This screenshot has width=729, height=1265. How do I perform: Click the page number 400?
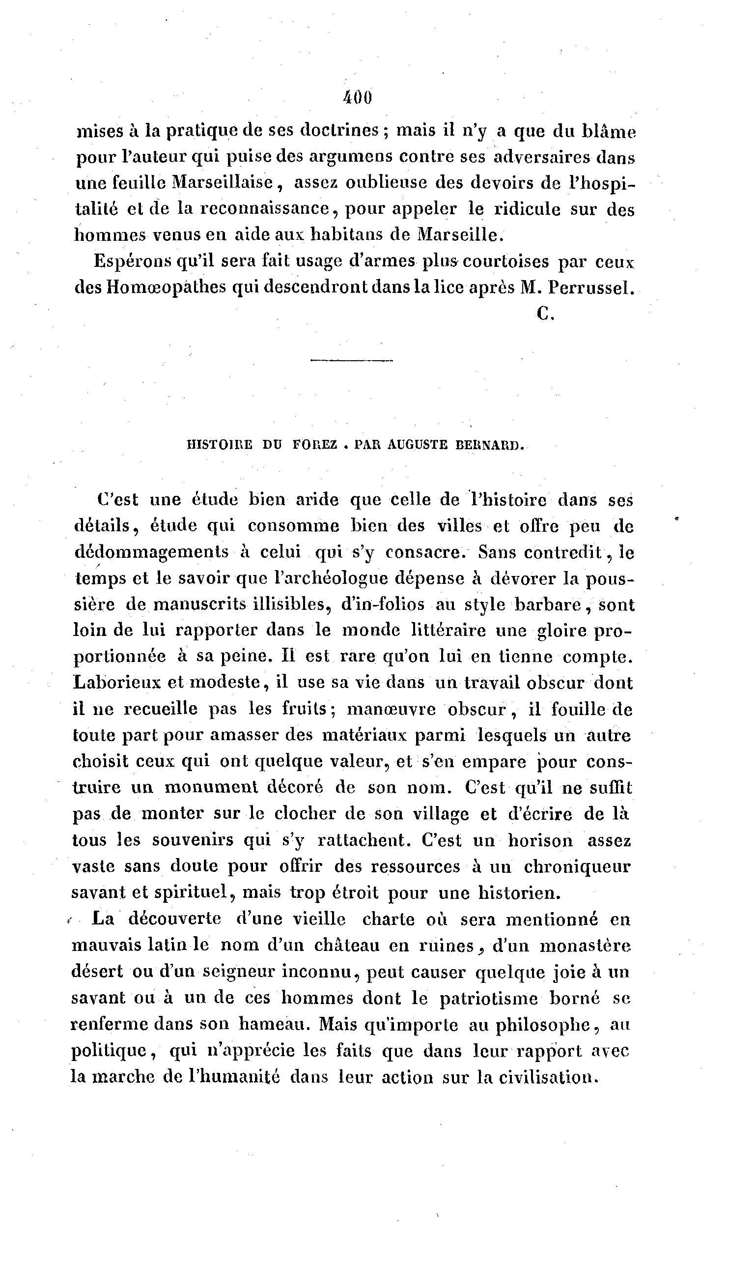point(358,98)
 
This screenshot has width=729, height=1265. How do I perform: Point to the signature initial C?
point(544,314)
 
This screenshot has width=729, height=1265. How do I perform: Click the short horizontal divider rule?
point(352,360)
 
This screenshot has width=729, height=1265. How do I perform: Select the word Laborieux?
point(116,683)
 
